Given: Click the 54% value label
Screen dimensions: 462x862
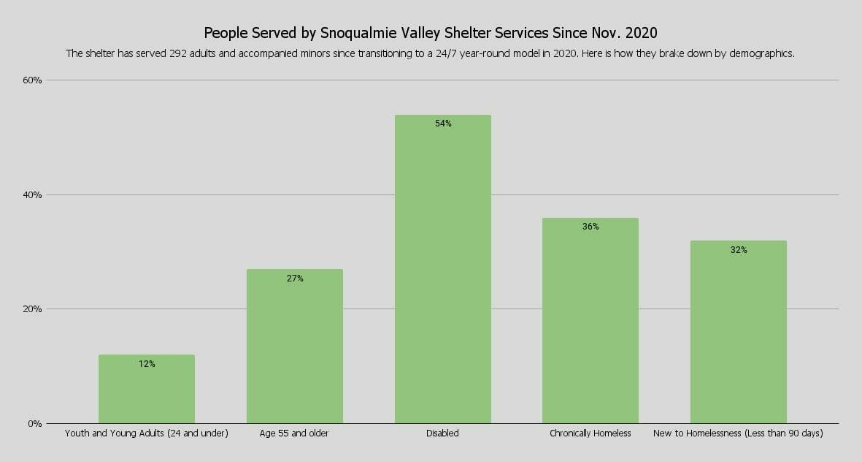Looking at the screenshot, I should (x=443, y=124).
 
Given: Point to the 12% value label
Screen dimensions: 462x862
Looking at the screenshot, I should (x=147, y=363).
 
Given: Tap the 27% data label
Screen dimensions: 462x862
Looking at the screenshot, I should (x=295, y=279).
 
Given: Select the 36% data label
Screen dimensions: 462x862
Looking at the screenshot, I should (x=590, y=227).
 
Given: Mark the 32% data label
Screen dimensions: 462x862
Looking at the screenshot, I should (x=739, y=250).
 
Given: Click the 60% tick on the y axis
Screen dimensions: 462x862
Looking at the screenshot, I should (x=33, y=80).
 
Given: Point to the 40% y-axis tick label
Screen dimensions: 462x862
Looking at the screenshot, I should (x=33, y=195).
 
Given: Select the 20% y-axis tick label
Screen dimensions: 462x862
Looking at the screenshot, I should (x=33, y=309).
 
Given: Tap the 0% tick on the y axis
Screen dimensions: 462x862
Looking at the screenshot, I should (x=35, y=424).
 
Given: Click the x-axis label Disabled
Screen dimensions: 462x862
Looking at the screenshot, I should (x=442, y=433).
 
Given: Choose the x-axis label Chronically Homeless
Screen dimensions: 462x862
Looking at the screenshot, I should (x=590, y=433).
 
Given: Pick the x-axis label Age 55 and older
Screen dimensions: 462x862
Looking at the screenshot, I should (x=294, y=433).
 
